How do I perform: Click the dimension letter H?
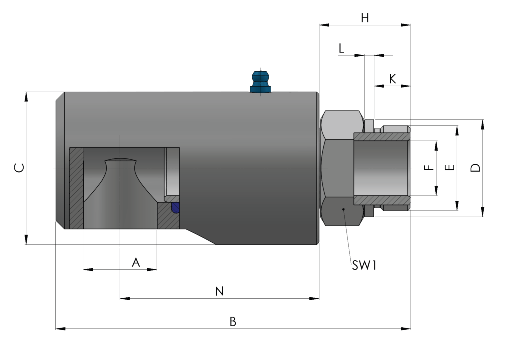365,18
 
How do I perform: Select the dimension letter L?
341,48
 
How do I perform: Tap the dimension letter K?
392,79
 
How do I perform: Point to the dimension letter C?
19,168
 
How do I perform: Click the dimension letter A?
136,262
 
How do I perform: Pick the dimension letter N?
219,291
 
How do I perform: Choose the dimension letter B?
233,322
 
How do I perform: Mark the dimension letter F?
429,168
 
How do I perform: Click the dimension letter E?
450,167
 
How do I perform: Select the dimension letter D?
476,168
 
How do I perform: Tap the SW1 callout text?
364,265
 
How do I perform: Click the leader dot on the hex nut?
343,209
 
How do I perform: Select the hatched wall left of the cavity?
77,188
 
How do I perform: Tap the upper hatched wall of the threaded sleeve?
382,137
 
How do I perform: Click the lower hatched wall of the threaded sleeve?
382,200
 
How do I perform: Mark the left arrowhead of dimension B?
61,328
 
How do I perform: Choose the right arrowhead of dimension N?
314,298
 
